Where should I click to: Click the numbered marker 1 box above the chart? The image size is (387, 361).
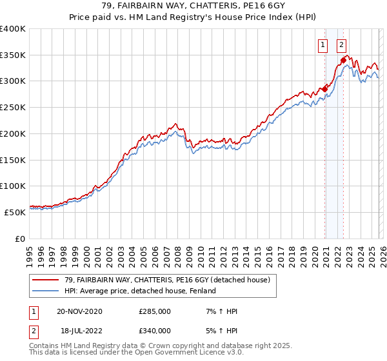pyautogui.click(x=322, y=45)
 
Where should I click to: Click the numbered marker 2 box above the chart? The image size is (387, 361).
pyautogui.click(x=341, y=45)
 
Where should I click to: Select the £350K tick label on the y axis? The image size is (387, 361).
pyautogui.click(x=13, y=55)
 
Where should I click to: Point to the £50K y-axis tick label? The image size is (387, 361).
pyautogui.click(x=15, y=212)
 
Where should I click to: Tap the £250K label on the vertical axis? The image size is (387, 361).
pyautogui.click(x=13, y=108)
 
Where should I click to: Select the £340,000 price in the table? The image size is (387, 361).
pyautogui.click(x=155, y=331)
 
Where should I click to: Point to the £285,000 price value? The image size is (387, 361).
pyautogui.click(x=155, y=312)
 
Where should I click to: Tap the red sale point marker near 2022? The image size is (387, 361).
pyautogui.click(x=343, y=61)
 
